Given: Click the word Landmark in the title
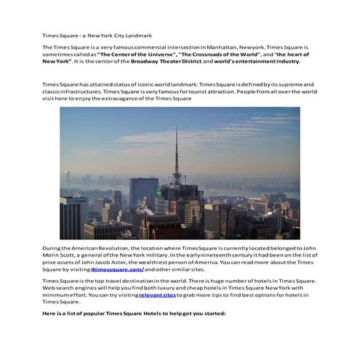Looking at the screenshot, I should (x=139, y=35).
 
